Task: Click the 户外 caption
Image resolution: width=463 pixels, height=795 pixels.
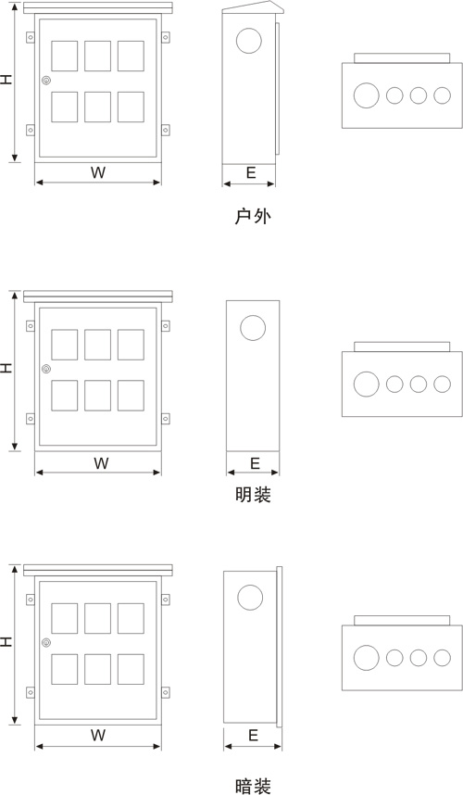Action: [x=253, y=216]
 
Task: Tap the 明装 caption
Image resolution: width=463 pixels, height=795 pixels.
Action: [x=253, y=495]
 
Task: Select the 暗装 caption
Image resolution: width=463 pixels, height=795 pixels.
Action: [x=253, y=786]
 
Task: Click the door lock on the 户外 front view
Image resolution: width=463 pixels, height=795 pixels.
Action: [x=46, y=80]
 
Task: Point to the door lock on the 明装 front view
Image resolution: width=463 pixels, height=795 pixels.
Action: [x=46, y=369]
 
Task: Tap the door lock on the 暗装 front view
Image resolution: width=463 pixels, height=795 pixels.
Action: [x=46, y=642]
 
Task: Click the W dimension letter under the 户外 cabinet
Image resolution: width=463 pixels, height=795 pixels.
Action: [x=98, y=172]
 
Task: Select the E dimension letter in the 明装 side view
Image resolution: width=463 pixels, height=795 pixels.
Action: [x=255, y=463]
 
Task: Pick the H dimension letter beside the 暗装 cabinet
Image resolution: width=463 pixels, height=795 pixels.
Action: [x=6, y=642]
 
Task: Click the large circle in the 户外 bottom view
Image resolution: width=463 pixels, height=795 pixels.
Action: [x=367, y=95]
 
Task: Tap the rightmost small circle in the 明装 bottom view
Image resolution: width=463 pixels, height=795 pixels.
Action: [x=443, y=385]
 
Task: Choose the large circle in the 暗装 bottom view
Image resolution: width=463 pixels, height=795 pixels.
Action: [x=367, y=658]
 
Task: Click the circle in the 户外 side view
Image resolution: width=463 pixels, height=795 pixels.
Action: [x=249, y=41]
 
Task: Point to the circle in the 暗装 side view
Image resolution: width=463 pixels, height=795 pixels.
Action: [x=250, y=598]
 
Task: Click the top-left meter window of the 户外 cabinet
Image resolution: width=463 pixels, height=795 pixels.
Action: [x=64, y=56]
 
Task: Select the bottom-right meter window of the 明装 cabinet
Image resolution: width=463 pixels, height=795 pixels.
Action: [x=131, y=396]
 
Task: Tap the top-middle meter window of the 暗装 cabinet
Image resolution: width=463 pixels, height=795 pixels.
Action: [x=98, y=618]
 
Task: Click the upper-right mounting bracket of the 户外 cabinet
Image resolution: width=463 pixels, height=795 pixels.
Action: [x=166, y=37]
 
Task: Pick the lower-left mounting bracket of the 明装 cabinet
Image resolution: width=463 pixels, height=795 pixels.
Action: [x=31, y=419]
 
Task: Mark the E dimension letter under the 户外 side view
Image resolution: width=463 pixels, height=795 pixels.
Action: [x=251, y=173]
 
